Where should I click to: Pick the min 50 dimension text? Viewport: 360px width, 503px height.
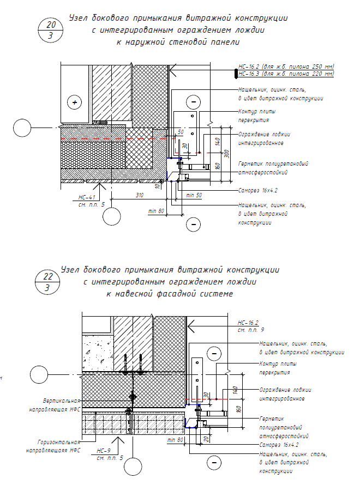[194, 195]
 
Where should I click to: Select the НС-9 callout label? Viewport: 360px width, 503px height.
[104, 451]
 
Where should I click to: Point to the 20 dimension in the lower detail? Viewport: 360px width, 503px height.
[206, 438]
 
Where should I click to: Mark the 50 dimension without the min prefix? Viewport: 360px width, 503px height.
[179, 132]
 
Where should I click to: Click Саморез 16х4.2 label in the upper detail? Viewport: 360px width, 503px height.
[258, 191]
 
